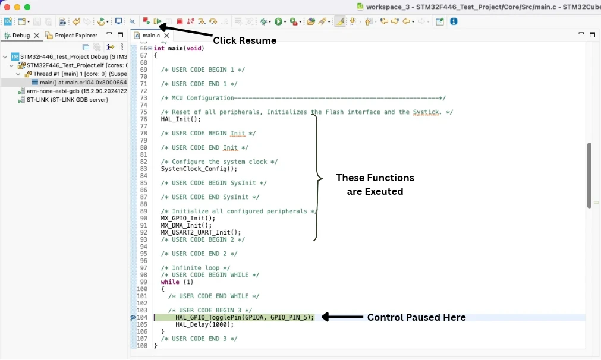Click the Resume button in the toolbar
157,21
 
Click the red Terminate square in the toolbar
180,21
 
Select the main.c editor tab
151,35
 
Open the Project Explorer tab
76,35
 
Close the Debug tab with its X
37,35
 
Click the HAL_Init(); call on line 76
181,119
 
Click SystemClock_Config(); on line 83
199,169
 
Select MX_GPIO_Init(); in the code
188,218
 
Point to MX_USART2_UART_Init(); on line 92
201,232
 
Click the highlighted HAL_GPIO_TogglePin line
244,317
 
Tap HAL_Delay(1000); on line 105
204,324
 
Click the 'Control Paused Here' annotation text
416,317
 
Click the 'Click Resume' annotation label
244,40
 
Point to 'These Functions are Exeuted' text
375,185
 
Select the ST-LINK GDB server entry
67,100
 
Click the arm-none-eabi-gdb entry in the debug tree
77,91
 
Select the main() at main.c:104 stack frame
83,83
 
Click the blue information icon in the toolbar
454,21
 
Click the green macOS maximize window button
27,7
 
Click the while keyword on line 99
170,282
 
